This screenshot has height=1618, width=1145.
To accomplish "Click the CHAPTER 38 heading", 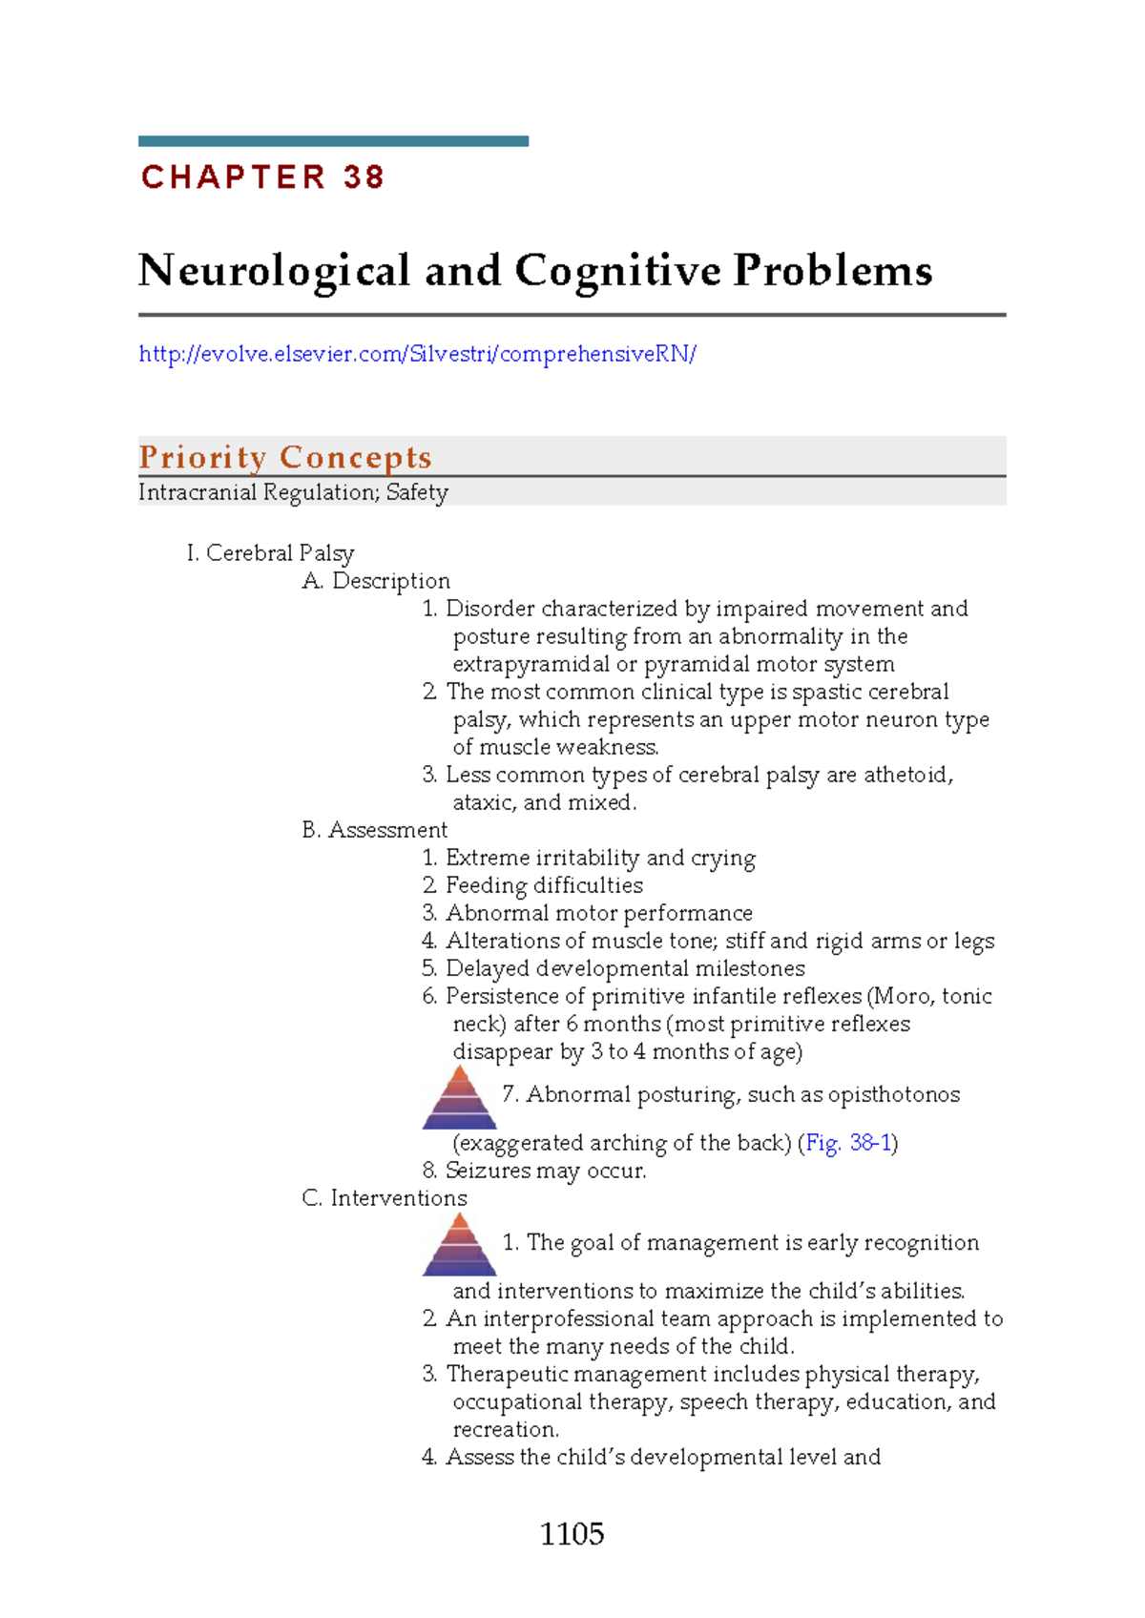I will pos(262,177).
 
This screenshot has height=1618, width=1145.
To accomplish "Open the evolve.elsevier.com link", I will pos(417,354).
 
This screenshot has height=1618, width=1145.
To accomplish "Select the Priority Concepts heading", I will pos(285,457).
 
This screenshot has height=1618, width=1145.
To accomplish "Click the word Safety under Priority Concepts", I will pos(417,492).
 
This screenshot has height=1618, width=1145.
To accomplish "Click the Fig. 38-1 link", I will pos(848,1143).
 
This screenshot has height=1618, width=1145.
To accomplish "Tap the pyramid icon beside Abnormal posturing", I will pos(460,1098).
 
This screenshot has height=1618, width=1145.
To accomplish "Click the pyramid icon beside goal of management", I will pos(460,1245).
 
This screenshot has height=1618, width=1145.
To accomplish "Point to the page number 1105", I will pos(572,1533).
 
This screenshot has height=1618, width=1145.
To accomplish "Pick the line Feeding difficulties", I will pos(544,885).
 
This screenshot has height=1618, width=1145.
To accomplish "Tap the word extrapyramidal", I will pos(531,664).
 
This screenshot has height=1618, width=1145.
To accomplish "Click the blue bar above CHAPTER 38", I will pos(333,141).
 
